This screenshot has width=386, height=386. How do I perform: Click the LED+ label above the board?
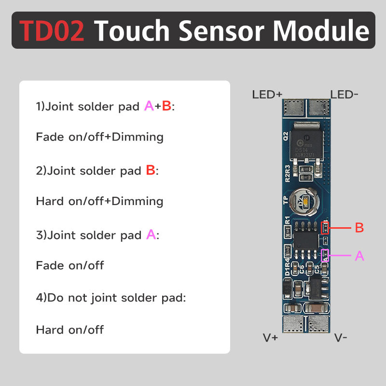point(267,95)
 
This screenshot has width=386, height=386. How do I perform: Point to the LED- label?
point(344,95)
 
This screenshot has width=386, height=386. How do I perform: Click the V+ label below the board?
point(270,338)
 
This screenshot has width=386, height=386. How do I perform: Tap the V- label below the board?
point(341,338)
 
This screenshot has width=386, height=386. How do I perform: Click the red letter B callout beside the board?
point(359,228)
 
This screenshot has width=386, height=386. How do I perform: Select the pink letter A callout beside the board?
point(359,256)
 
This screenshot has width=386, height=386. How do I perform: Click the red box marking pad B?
point(325,227)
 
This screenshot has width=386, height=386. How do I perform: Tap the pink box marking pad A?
point(325,256)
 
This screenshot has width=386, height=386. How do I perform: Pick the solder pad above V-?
point(318,324)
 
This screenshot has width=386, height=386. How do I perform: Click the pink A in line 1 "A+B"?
point(149,106)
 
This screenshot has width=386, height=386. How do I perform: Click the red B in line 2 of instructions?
point(151,170)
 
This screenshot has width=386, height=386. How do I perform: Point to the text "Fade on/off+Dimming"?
point(100,137)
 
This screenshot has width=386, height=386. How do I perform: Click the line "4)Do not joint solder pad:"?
point(111,298)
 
